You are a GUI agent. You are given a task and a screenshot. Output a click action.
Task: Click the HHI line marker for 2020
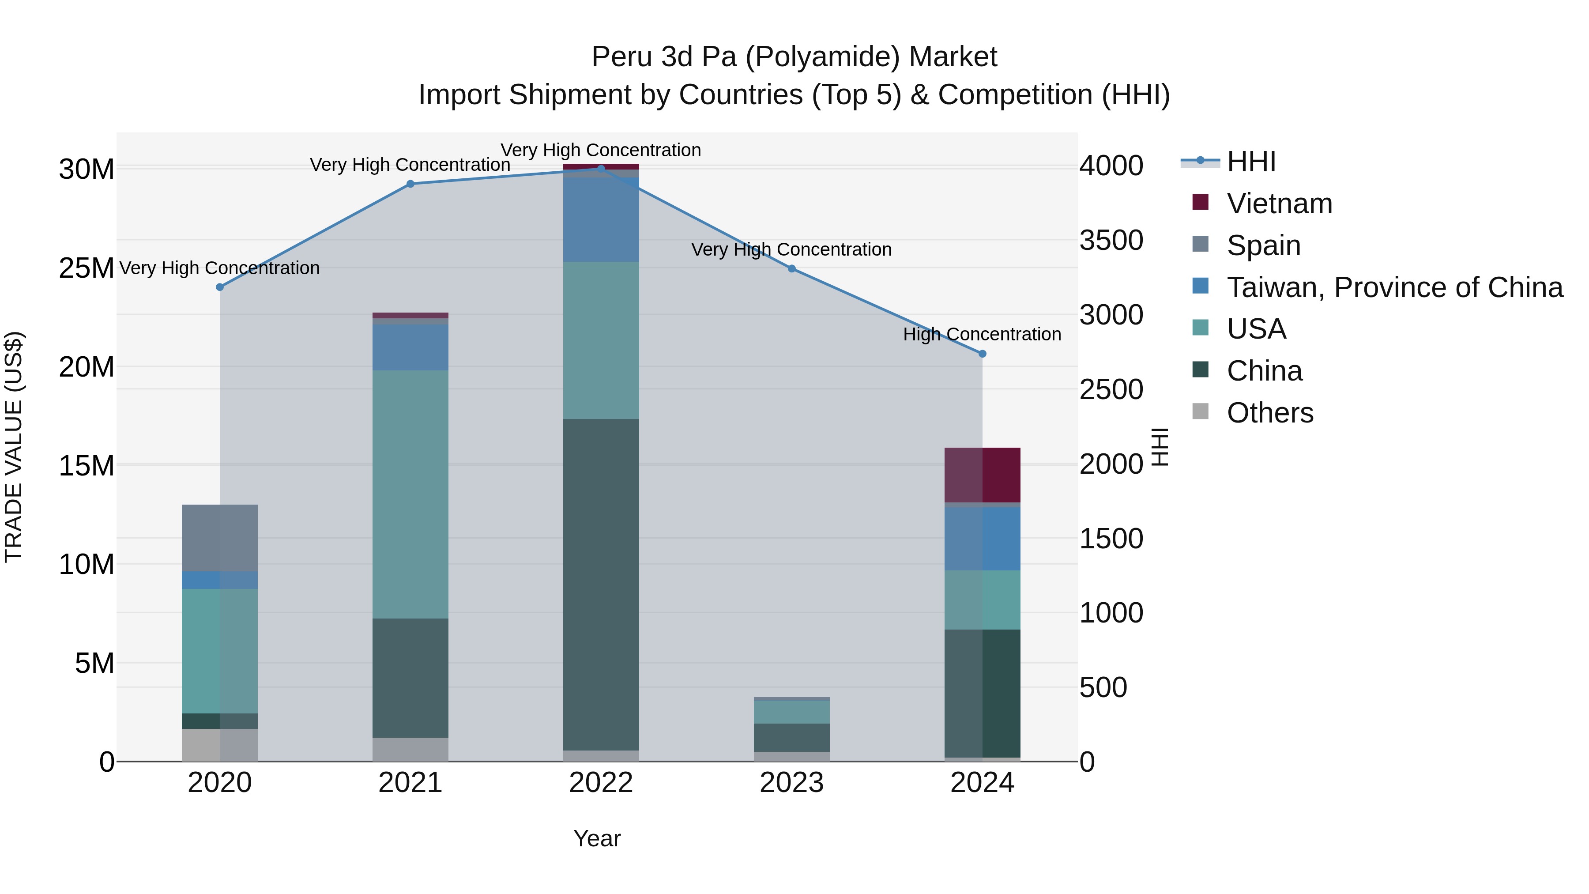point(220,287)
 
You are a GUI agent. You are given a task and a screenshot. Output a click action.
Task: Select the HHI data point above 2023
point(791,268)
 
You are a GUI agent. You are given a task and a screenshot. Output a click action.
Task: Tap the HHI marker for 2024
point(982,354)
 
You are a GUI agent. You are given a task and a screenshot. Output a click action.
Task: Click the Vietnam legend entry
point(1279,204)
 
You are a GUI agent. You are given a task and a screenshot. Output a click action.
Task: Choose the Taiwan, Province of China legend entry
point(1394,287)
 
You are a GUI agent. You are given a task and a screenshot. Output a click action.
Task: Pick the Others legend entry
point(1269,413)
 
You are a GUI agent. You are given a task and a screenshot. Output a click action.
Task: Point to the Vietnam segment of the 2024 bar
point(982,475)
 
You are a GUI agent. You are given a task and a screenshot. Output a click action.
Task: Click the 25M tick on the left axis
point(87,268)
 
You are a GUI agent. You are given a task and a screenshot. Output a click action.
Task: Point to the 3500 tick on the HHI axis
point(1111,241)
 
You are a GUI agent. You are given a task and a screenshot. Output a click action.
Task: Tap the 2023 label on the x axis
point(791,783)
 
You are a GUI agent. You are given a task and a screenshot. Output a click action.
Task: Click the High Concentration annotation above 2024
point(982,334)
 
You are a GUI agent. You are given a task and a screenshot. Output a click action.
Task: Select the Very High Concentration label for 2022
point(600,151)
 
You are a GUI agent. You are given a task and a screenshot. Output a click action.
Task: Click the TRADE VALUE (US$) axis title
point(14,447)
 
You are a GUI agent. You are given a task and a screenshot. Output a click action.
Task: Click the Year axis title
point(596,838)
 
